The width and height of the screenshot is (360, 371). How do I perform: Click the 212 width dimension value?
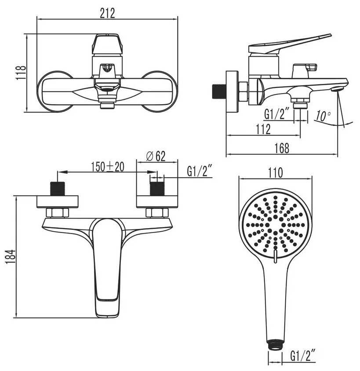pos(107,13)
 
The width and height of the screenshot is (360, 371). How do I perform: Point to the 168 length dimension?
pos(281,148)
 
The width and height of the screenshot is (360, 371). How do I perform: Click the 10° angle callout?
pos(323,116)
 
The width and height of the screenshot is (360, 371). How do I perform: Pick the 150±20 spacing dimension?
pos(108,166)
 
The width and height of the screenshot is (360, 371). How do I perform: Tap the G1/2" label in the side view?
pos(277,115)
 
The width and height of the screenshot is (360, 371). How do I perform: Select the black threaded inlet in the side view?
pos(218,91)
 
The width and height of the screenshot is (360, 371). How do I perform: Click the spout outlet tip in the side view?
pos(337,89)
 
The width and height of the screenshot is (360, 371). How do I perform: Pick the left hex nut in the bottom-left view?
pos(58,213)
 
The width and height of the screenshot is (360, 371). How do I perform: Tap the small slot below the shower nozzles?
pos(275,258)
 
